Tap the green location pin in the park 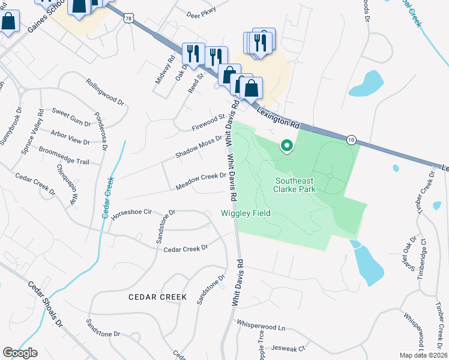(x=287, y=146)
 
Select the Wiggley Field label (x=246, y=213)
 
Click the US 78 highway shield (x=128, y=19)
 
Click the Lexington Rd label (x=277, y=116)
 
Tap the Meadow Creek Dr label (x=200, y=182)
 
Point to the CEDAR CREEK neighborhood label (x=157, y=297)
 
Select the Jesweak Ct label (x=289, y=347)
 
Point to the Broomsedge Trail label (x=64, y=157)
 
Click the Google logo (x=20, y=352)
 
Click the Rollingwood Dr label (x=104, y=92)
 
